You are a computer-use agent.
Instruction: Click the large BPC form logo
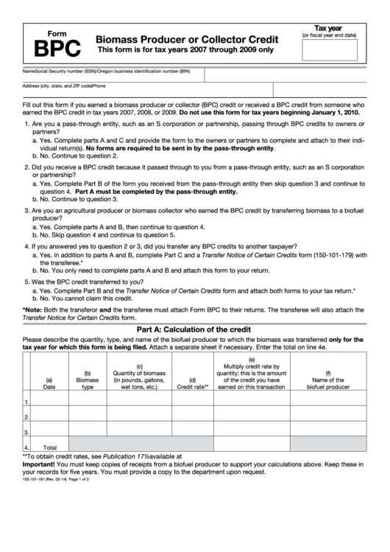55,48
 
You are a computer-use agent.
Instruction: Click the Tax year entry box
335,50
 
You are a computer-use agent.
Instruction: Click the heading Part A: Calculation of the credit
195,329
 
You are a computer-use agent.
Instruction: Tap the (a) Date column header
49,381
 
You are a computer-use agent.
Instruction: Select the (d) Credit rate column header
193,381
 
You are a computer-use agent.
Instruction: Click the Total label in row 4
50,447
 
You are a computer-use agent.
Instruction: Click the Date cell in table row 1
49,402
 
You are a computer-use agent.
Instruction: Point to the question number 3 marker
26,210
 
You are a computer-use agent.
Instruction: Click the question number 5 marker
26,282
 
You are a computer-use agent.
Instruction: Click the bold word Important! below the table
42,464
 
